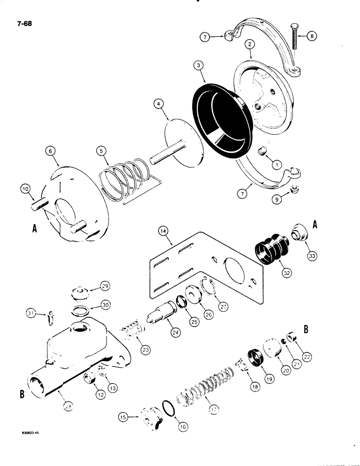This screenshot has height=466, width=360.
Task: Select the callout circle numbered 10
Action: coord(25,189)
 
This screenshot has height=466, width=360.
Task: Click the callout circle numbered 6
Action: coord(51,151)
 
